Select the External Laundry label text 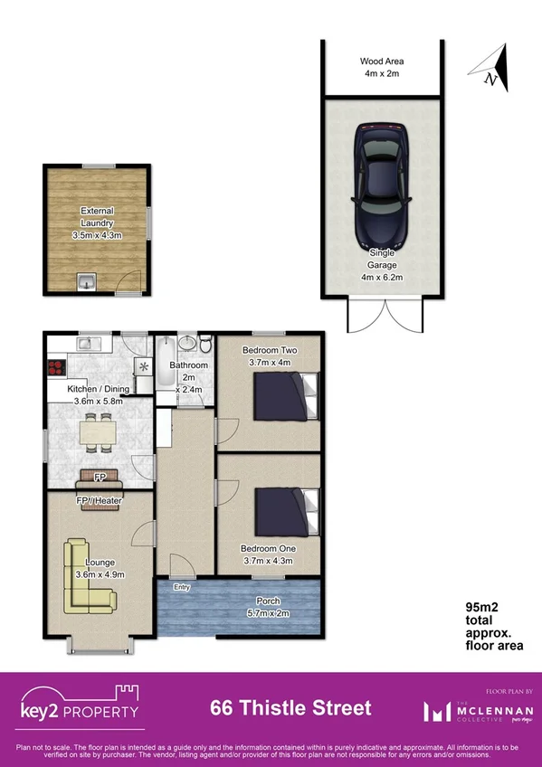(x=97, y=223)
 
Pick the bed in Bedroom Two (x=286, y=397)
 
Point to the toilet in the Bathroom (x=205, y=346)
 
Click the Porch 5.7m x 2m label (x=268, y=607)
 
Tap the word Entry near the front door (x=183, y=587)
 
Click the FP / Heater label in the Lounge (x=100, y=500)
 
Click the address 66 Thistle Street (x=290, y=707)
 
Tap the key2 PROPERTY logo (x=80, y=705)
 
